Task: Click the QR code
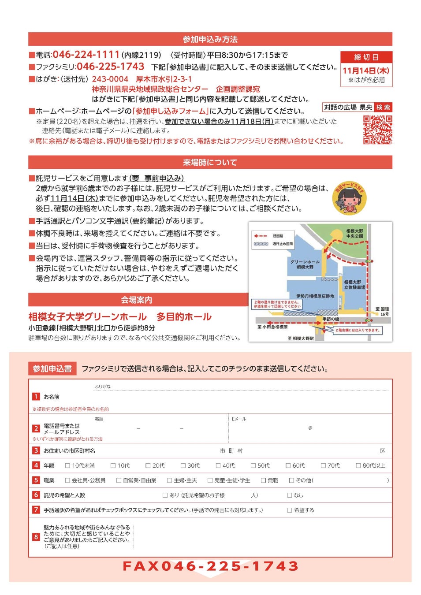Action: tap(377, 130)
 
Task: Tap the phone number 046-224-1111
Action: tap(86, 55)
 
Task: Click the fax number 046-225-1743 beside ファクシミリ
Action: tap(110, 67)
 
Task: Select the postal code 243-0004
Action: tap(110, 79)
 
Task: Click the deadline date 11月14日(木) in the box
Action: tap(366, 71)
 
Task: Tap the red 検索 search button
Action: tap(383, 108)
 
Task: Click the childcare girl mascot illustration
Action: tap(350, 198)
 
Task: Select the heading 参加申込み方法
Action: tap(210, 39)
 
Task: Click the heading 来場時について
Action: tap(210, 162)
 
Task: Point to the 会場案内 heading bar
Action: tap(137, 300)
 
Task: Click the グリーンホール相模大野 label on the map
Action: tap(305, 264)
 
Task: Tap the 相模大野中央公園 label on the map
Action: tap(355, 234)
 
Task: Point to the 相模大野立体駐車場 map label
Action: tap(354, 285)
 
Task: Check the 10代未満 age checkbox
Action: tap(67, 465)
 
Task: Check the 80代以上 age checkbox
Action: tap(358, 465)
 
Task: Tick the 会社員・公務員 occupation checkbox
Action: tap(67, 480)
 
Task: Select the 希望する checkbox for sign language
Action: tap(290, 510)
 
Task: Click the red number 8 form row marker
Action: tap(36, 537)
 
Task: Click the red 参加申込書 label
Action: tap(52, 369)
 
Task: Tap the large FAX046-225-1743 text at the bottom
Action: tap(210, 566)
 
